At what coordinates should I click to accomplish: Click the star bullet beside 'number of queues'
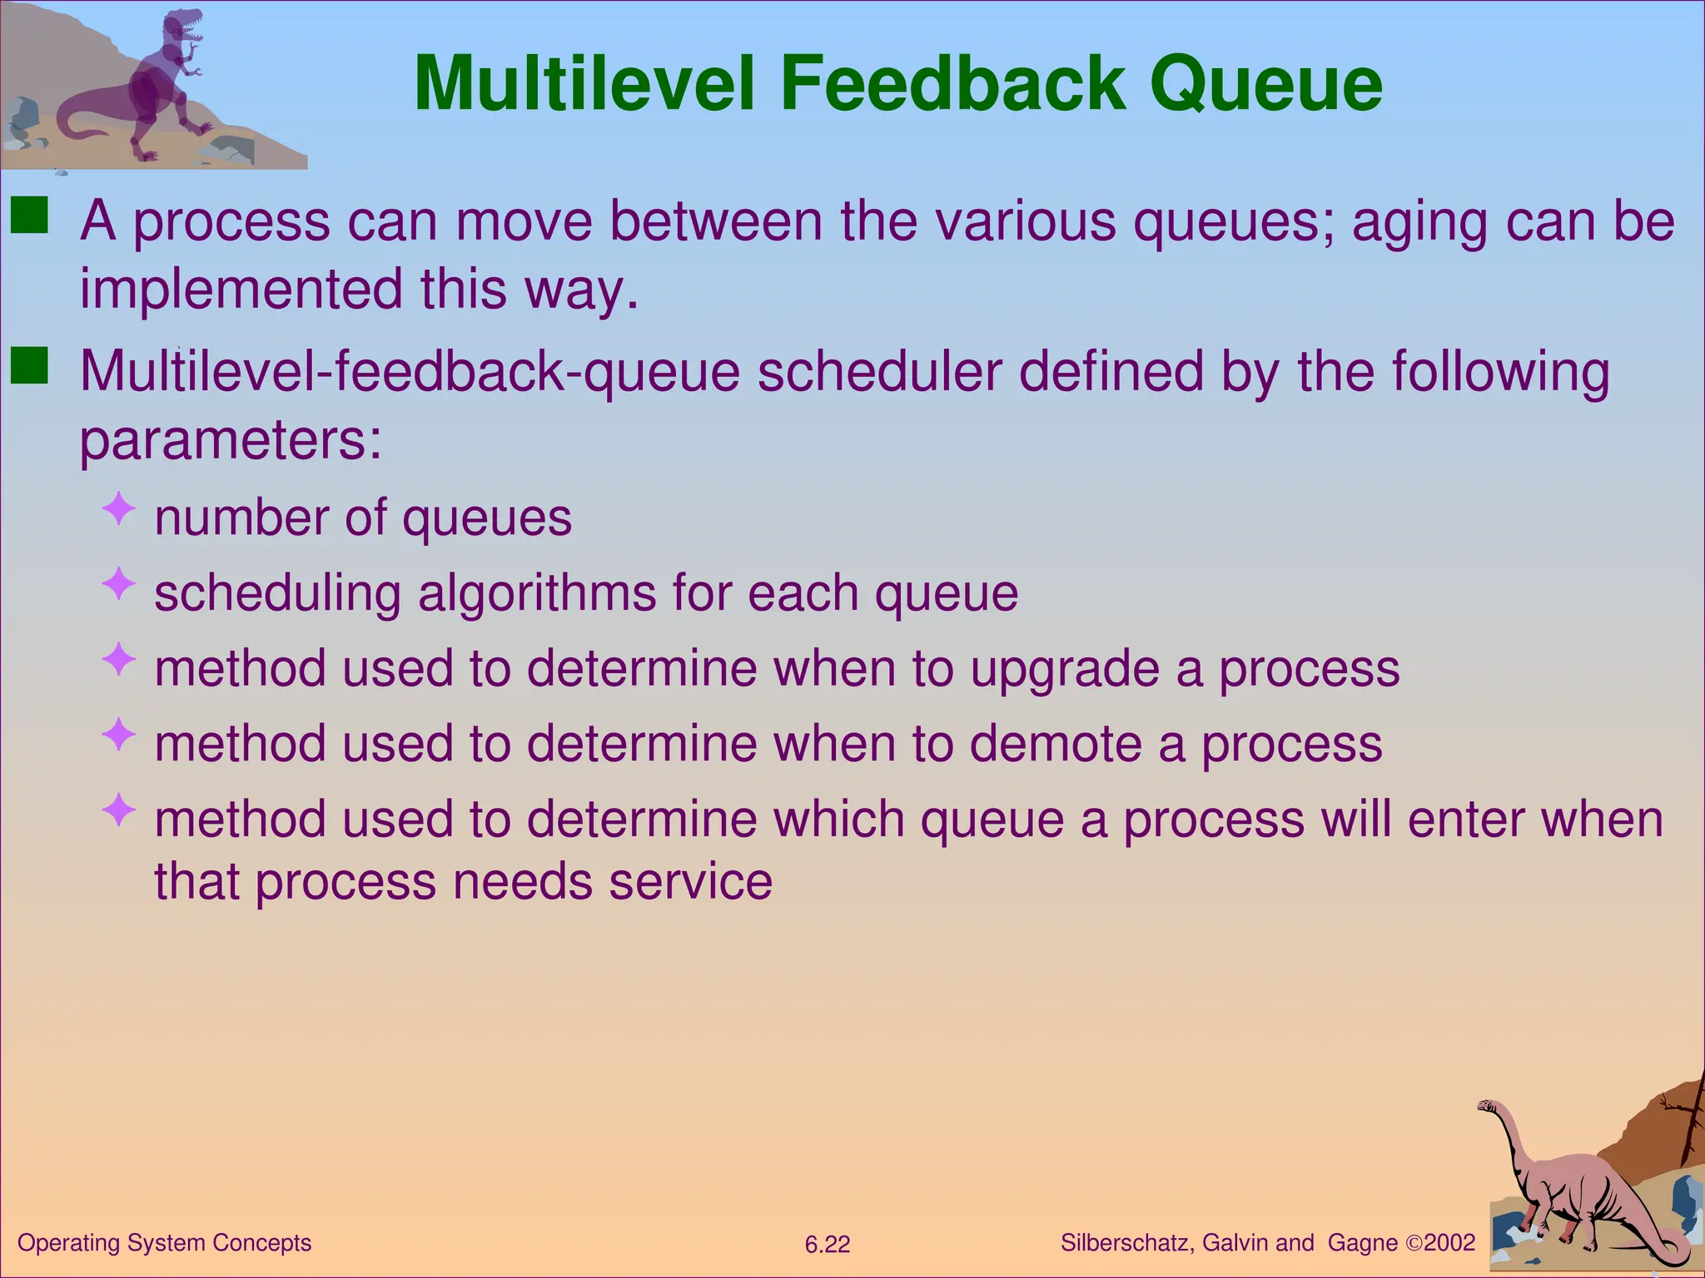coord(119,508)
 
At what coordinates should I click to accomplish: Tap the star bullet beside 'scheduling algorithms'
coord(119,584)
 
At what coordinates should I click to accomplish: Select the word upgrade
coord(1065,669)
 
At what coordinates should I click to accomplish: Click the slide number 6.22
coord(828,1245)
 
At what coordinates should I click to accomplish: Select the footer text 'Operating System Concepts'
coord(165,1243)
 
